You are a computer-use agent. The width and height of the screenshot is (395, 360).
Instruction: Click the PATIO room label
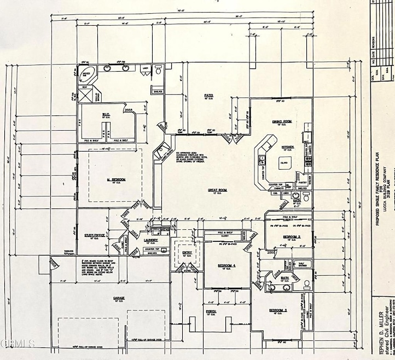208,95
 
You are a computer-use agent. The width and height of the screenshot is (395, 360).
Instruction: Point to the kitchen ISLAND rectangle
284,162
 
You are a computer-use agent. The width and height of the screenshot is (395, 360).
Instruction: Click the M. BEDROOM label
116,179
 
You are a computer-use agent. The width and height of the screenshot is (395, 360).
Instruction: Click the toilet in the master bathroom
158,69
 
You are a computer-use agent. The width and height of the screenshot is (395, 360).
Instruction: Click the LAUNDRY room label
151,240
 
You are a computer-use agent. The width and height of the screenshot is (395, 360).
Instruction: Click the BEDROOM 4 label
227,265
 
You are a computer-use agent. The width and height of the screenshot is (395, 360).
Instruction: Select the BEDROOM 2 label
292,236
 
